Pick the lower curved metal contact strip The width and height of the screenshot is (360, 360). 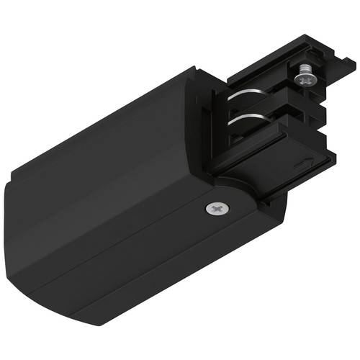(245, 117)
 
